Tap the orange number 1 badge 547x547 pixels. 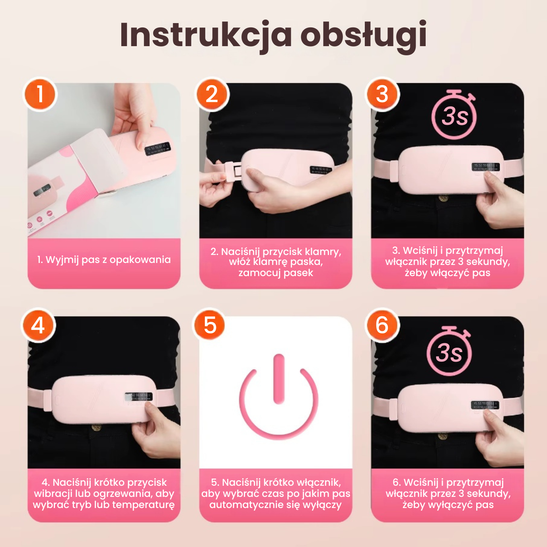pyautogui.click(x=40, y=94)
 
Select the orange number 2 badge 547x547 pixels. pyautogui.click(x=212, y=94)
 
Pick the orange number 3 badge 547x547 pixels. pyautogui.click(x=382, y=94)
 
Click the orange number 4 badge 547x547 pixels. pyautogui.click(x=38, y=325)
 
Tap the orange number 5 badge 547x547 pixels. pyautogui.click(x=210, y=325)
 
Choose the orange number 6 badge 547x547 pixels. pyautogui.click(x=382, y=325)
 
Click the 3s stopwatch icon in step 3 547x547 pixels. pyautogui.click(x=454, y=115)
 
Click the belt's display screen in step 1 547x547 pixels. pyautogui.click(x=157, y=149)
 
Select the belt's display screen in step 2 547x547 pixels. pyautogui.click(x=320, y=170)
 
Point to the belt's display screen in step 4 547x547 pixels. pyautogui.click(x=139, y=397)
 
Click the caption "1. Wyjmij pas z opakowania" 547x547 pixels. pyautogui.click(x=104, y=260)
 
